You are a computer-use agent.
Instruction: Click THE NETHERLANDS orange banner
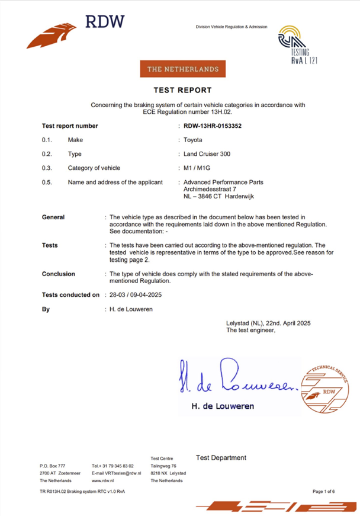pyautogui.click(x=183, y=69)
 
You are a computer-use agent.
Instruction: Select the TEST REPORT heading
pyautogui.click(x=182, y=90)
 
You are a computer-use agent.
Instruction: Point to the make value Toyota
pyautogui.click(x=193, y=140)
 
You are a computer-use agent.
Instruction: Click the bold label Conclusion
pyautogui.click(x=59, y=274)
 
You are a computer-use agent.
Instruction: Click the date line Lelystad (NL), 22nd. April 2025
pyautogui.click(x=268, y=323)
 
